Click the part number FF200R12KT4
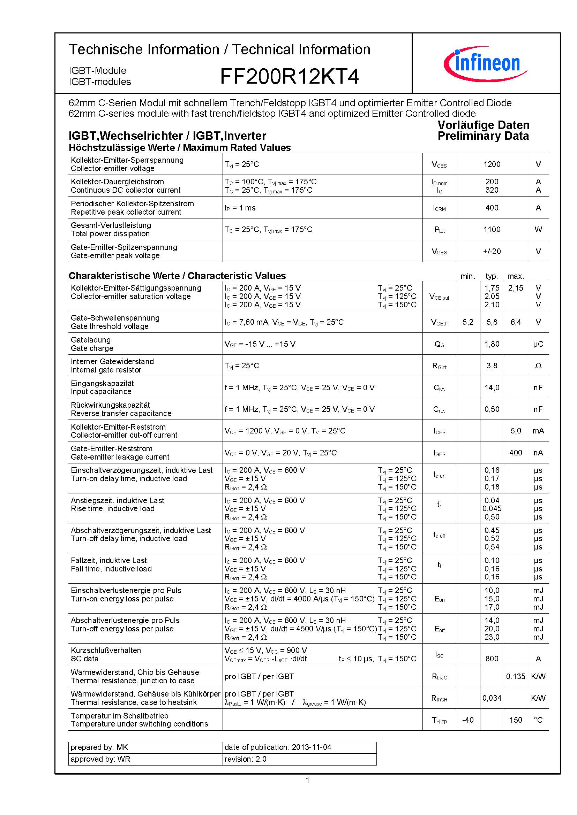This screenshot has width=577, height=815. (x=289, y=76)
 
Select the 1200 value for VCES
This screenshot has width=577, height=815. (x=492, y=164)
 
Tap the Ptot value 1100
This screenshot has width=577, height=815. (x=492, y=230)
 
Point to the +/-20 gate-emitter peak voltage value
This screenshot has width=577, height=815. (x=492, y=251)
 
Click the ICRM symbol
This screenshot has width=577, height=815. (x=440, y=208)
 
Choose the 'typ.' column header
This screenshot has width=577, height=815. (x=492, y=276)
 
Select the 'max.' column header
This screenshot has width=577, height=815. (x=516, y=276)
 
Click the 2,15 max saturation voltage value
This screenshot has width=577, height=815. (x=516, y=288)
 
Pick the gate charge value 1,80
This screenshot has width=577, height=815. (x=492, y=344)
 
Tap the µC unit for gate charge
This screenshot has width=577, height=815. (x=538, y=344)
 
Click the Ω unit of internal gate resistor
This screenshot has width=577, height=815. (x=538, y=366)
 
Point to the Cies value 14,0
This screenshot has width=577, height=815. (x=492, y=387)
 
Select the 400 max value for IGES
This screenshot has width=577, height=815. (x=516, y=453)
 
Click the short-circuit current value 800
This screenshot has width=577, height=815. (x=492, y=659)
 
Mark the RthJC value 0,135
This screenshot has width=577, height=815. (x=516, y=676)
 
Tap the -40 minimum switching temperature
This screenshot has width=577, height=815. (x=467, y=720)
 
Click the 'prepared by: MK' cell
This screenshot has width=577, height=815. (x=99, y=747)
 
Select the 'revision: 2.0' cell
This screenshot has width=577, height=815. (x=245, y=759)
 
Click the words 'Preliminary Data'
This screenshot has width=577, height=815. (x=483, y=136)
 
